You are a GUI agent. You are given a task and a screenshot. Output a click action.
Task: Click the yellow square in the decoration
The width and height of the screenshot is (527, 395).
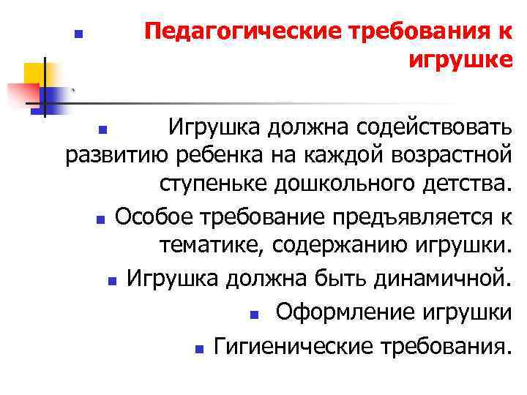(34, 73)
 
